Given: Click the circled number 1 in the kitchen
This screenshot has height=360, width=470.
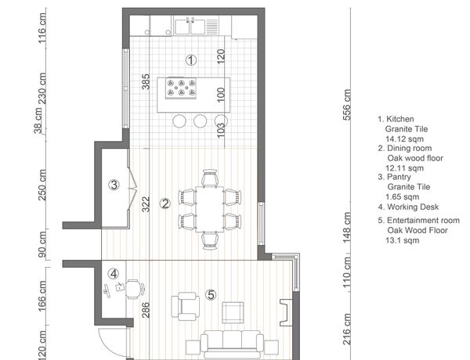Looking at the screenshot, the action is [191, 60].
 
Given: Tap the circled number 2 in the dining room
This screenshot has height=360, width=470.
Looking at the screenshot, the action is [165, 204].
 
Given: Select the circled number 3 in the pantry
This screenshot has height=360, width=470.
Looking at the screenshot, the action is [114, 185].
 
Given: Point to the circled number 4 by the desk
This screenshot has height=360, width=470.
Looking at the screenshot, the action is [114, 273].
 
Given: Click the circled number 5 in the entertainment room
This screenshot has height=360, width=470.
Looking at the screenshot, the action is [211, 295].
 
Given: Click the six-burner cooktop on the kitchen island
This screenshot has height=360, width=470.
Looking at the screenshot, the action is [181, 88].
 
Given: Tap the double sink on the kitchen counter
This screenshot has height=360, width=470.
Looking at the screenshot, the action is [190, 27].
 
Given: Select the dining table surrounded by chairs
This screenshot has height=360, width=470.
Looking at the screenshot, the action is [209, 209].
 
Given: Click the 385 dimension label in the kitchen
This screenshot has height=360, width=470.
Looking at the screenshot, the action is [146, 81].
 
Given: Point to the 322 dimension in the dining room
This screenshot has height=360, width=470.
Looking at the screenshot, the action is [146, 204].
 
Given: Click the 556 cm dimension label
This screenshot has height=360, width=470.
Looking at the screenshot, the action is [346, 105].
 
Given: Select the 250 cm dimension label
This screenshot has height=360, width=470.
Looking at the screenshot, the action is [42, 185].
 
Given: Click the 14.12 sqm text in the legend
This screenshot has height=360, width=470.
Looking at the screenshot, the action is [404, 139].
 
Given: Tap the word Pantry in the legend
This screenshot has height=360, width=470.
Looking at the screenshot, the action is [399, 177].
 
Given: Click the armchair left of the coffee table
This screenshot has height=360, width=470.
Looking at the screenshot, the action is [185, 306].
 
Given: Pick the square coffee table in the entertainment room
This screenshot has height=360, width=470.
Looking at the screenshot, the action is [233, 312].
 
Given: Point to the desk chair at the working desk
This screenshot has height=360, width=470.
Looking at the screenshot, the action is [134, 289].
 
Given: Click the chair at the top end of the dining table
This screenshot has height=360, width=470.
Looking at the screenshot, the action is [209, 178].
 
